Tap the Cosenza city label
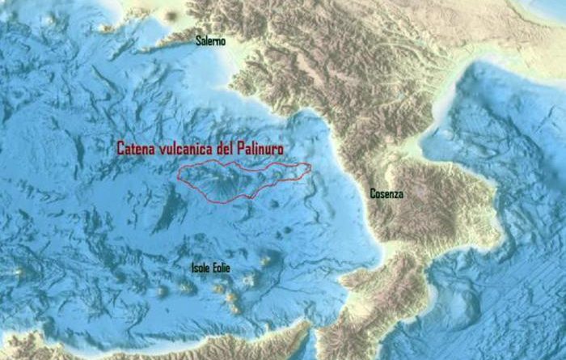(386, 194)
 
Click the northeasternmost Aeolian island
(265, 261)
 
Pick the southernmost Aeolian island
(234, 308)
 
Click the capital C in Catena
(120, 149)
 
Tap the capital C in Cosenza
(373, 194)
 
